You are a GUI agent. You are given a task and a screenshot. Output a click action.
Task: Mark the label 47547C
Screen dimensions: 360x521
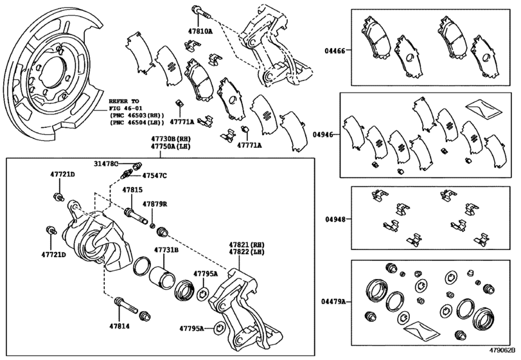(155, 175)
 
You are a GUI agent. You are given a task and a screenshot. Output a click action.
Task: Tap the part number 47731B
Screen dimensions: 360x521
(165, 249)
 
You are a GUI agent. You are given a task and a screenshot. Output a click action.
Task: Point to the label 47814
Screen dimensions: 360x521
(119, 327)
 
